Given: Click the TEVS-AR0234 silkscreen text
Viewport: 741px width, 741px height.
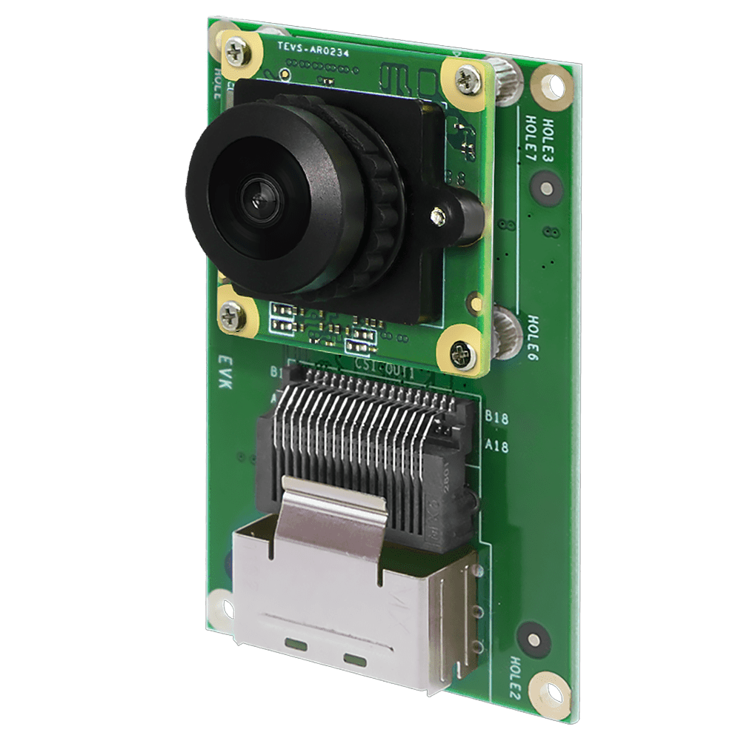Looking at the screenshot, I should [x=313, y=50].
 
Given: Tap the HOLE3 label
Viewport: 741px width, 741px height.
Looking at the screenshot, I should [x=548, y=132].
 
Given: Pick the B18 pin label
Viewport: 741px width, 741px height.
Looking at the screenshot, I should [x=496, y=419].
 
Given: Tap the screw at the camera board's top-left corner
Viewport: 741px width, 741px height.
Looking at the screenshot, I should [x=239, y=52].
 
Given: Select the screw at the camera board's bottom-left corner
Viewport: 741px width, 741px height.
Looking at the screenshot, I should [x=233, y=317].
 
